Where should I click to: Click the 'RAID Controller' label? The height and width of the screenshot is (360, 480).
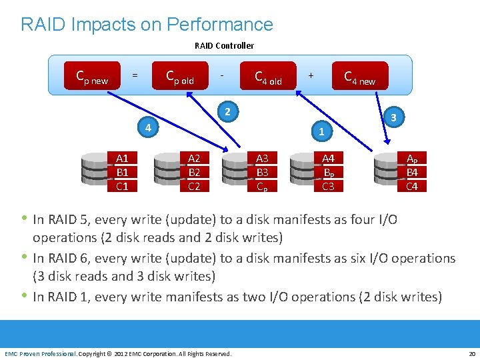point(224,45)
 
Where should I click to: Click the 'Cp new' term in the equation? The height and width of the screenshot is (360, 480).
point(92,78)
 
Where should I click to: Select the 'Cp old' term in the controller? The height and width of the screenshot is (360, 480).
point(179,78)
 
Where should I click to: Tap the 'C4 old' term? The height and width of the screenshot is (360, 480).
point(268,78)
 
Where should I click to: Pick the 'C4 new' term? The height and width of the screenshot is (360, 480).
point(359,78)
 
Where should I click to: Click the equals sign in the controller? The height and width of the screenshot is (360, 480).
point(135,75)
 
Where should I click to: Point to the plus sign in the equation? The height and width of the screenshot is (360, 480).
point(311,75)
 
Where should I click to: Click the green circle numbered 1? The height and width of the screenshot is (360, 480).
point(321,131)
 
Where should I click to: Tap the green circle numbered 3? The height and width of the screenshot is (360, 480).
point(394,117)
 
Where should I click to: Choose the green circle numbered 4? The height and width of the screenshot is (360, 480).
point(149,127)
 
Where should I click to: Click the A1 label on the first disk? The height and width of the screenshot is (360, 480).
point(122,158)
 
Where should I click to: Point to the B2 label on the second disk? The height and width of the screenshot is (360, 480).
point(194,172)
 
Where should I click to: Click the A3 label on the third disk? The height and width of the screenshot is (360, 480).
point(262,158)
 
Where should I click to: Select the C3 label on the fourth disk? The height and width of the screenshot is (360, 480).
point(328,186)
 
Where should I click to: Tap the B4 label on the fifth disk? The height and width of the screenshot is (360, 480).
point(412,172)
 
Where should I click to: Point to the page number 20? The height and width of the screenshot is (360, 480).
point(472,353)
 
